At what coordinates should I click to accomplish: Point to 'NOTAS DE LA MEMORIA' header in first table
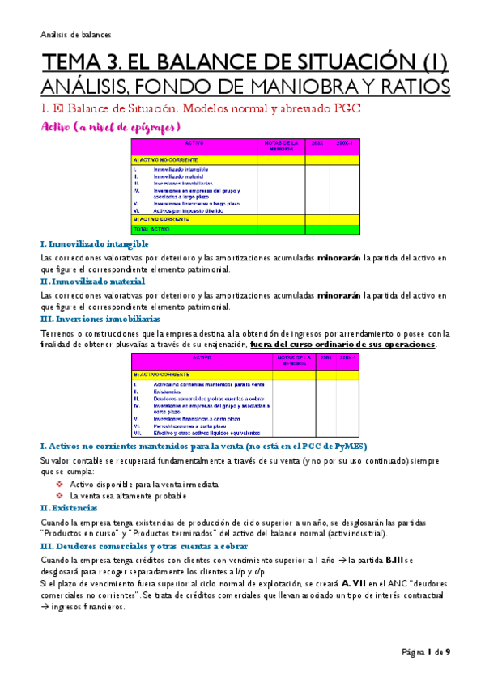pos(280,146)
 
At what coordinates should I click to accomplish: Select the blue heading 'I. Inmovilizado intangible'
pos(94,243)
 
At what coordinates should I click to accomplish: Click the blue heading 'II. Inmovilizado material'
pos(92,281)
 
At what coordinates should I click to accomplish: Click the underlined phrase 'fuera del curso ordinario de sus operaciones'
pos(343,345)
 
